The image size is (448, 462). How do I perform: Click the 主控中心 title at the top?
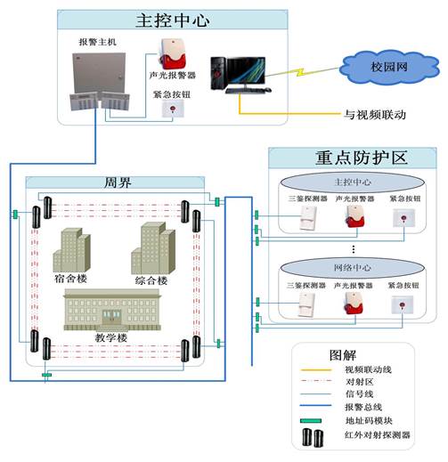pyautogui.click(x=173, y=20)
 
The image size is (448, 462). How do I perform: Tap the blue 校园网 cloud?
pyautogui.click(x=389, y=68)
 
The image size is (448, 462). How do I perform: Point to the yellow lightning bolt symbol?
pyautogui.click(x=300, y=72)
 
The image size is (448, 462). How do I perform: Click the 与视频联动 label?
pyautogui.click(x=375, y=115)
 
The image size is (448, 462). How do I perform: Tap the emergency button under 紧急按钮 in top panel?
pyautogui.click(x=173, y=109)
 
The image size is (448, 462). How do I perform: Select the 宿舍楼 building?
pyautogui.click(x=72, y=250)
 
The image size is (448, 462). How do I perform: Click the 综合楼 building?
pyautogui.click(x=153, y=248)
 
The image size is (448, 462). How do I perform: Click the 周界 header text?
pyautogui.click(x=118, y=182)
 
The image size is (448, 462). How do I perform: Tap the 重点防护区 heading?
pyautogui.click(x=361, y=158)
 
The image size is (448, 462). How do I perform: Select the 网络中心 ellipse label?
pyautogui.click(x=353, y=268)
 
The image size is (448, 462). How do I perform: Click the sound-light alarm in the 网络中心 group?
pyautogui.click(x=354, y=303)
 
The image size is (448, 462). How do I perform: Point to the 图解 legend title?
pyautogui.click(x=342, y=355)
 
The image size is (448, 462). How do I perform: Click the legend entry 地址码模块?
pyautogui.click(x=369, y=420)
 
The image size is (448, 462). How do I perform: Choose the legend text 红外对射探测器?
pyautogui.click(x=377, y=435)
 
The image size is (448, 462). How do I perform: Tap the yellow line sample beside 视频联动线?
pyautogui.click(x=316, y=369)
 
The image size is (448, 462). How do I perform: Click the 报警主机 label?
pyautogui.click(x=97, y=42)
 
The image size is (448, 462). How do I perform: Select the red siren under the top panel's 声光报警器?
pyautogui.click(x=174, y=54)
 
